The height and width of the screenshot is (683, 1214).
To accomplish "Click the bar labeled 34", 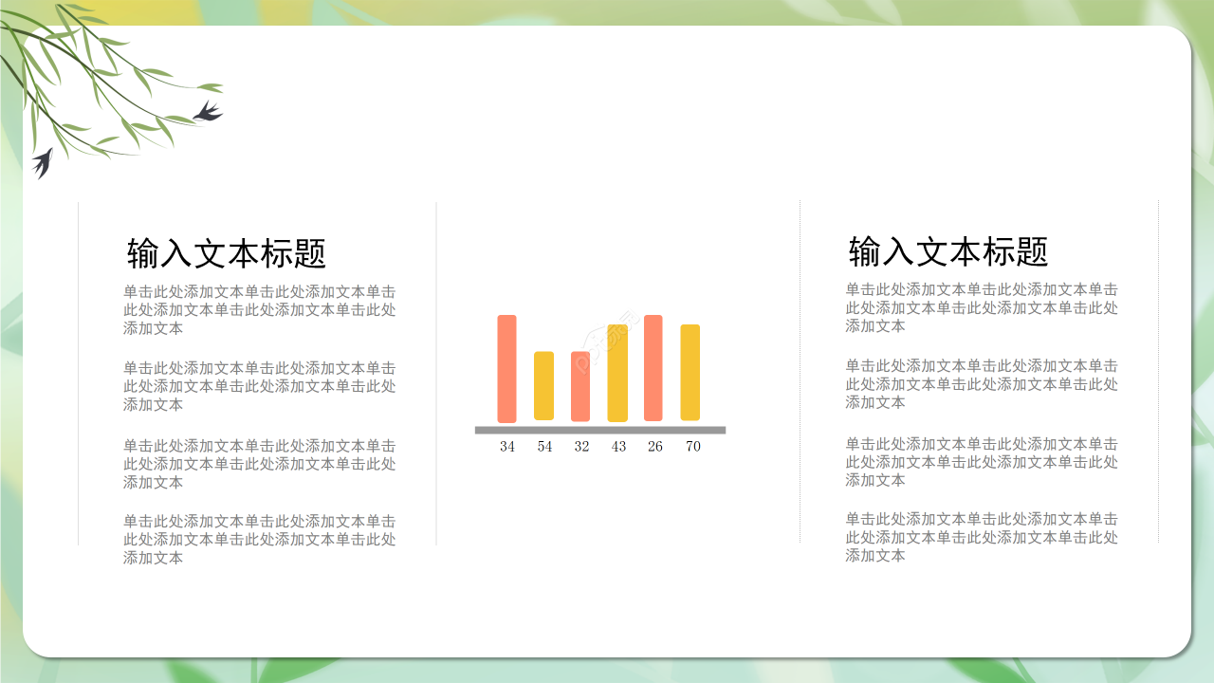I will click(x=506, y=368).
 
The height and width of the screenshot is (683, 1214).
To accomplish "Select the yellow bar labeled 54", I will click(x=543, y=386).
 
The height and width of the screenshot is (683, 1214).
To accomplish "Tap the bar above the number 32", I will click(x=580, y=386).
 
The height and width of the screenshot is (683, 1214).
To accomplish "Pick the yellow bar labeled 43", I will click(x=617, y=373).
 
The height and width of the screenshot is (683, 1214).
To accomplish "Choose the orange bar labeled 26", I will click(x=653, y=368).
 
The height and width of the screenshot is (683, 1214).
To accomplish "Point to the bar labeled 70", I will click(x=690, y=373).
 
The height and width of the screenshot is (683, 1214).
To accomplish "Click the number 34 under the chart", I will click(x=507, y=447).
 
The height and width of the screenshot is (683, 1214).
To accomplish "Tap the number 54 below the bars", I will click(x=544, y=447).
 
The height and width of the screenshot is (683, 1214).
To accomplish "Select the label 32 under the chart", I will click(x=581, y=447).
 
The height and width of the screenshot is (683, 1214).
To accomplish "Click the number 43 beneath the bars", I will click(x=618, y=447).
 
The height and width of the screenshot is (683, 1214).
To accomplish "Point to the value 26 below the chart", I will click(x=655, y=447).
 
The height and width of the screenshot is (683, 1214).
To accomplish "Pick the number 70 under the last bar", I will click(x=693, y=447).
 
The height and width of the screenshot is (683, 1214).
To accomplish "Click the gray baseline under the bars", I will click(x=600, y=430).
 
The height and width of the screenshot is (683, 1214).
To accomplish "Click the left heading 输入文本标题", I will click(x=227, y=253).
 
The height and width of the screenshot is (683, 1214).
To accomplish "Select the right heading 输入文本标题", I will click(x=948, y=251).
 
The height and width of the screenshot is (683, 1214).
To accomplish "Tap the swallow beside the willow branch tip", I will click(x=208, y=112).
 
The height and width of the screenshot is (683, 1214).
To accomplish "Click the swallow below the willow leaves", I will click(x=42, y=162).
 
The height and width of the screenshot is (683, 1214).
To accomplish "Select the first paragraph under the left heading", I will click(x=259, y=310).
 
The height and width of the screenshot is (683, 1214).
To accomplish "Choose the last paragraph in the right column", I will click(x=982, y=537).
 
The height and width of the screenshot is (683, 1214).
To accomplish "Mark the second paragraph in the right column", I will click(x=982, y=383).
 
